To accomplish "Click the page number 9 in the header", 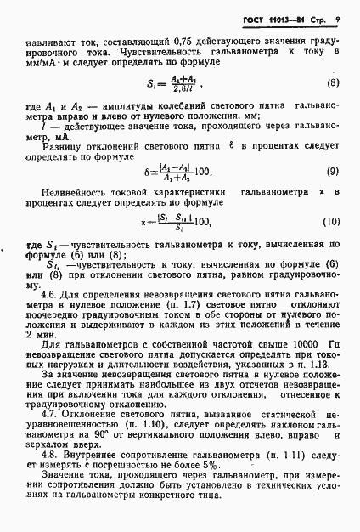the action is pyautogui.click(x=338, y=19).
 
